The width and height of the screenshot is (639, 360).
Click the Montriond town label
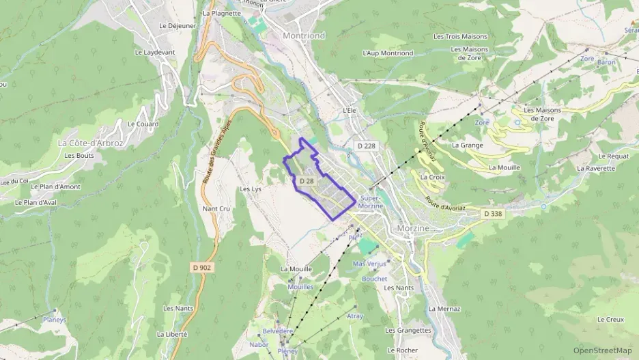[x=305, y=34]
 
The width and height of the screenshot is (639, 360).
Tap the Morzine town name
[x=413, y=227]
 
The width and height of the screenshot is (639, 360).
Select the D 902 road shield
[x=201, y=268]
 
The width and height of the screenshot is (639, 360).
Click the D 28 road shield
[x=306, y=181]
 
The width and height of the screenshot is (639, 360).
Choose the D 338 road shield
[x=492, y=214]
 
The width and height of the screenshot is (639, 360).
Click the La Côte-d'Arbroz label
[x=91, y=143]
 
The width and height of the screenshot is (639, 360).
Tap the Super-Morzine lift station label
[x=371, y=202]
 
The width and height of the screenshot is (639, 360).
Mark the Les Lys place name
[x=251, y=189]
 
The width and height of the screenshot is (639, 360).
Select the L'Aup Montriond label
[x=388, y=53]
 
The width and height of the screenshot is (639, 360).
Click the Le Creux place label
[x=610, y=319]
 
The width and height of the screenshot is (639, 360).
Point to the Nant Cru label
[x=216, y=208]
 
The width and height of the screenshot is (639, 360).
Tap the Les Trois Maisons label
[x=460, y=36]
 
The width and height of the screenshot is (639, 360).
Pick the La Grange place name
[x=467, y=145]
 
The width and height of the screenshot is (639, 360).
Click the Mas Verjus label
[x=369, y=264]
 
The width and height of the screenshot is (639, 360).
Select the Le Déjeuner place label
[x=177, y=25]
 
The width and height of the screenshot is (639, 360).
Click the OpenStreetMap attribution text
[x=602, y=350]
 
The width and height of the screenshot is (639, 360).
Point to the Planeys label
[x=55, y=319]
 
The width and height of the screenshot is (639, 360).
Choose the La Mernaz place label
[x=444, y=309]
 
